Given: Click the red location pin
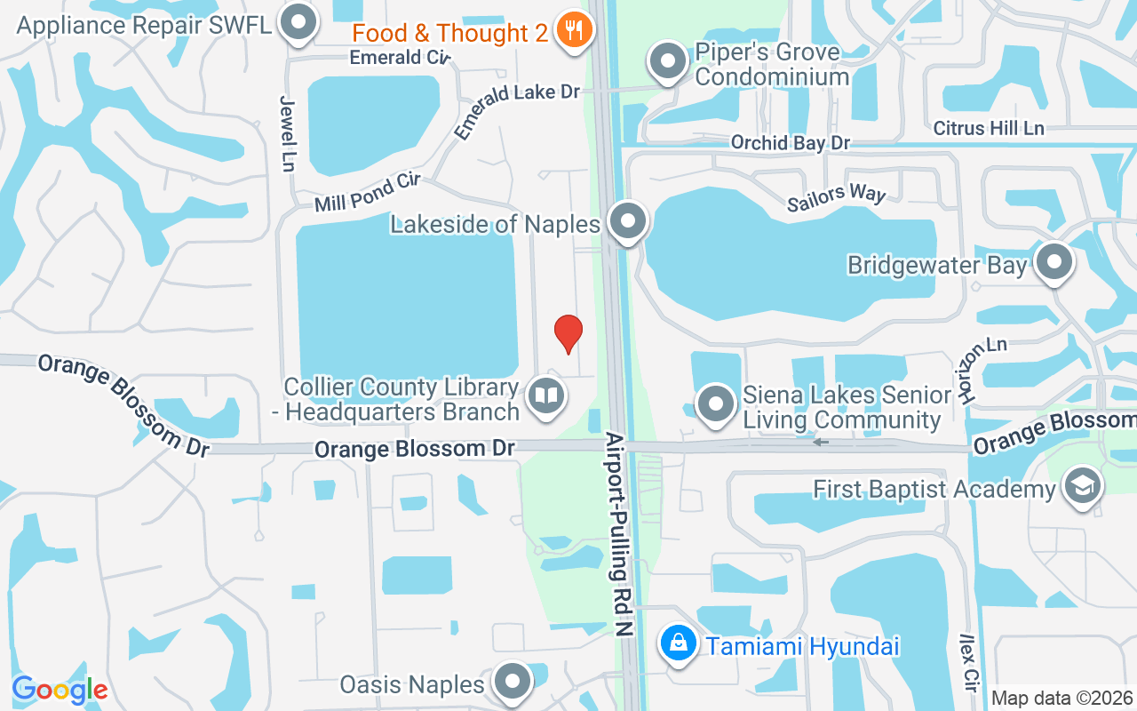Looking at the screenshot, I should (x=568, y=333).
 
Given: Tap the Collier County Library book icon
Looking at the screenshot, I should (x=546, y=396).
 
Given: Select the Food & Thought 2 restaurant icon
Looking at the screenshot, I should (x=569, y=31).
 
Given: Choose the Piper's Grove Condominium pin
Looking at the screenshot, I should (x=666, y=62).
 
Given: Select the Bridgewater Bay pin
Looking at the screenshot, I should (x=1054, y=262).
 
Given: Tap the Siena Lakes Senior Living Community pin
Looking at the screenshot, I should (x=715, y=404).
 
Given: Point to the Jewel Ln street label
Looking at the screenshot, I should (x=287, y=133).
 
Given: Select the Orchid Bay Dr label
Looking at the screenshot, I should (x=791, y=142).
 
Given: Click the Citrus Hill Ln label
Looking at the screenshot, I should (x=989, y=128).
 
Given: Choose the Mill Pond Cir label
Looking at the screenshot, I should (x=367, y=193).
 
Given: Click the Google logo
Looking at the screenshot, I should (x=60, y=689).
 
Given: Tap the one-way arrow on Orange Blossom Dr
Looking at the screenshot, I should (x=820, y=442).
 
